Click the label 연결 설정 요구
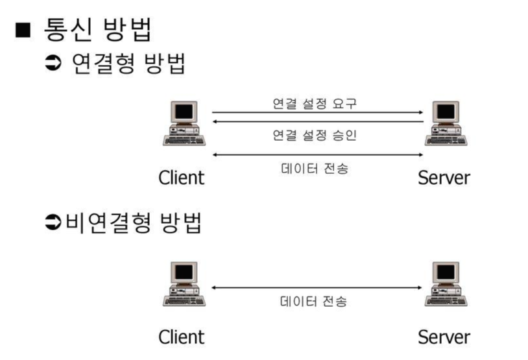[x=315, y=102]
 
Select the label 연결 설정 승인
[x=315, y=136]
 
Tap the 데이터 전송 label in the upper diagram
[x=315, y=170]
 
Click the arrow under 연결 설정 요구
[x=317, y=112]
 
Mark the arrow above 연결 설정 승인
[x=317, y=121]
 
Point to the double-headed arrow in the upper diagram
[x=317, y=154]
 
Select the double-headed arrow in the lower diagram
[x=317, y=287]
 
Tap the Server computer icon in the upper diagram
[x=444, y=123]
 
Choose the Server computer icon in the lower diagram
[x=444, y=284]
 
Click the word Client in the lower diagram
[x=181, y=337]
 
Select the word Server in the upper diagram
[x=444, y=177]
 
